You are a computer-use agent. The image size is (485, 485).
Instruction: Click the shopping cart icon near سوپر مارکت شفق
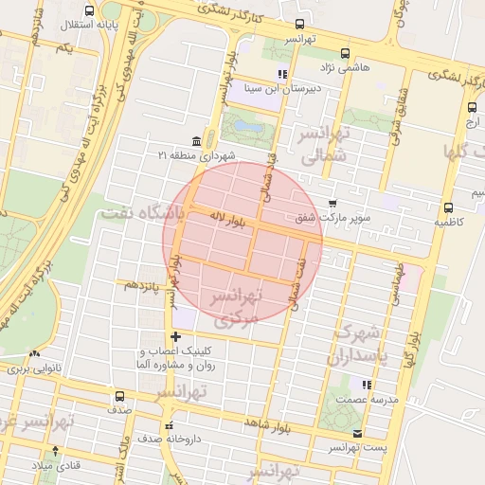point(332,203)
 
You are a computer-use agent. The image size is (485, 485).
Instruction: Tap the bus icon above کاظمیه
point(448,207)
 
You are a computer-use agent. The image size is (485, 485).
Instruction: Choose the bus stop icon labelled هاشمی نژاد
point(344,53)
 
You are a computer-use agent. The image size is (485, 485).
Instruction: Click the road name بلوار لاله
point(229,220)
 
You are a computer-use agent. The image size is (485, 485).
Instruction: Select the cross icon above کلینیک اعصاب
point(174,336)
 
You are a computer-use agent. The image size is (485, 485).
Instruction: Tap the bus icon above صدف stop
point(119,397)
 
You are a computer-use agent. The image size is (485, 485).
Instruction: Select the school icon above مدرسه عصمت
point(366,384)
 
